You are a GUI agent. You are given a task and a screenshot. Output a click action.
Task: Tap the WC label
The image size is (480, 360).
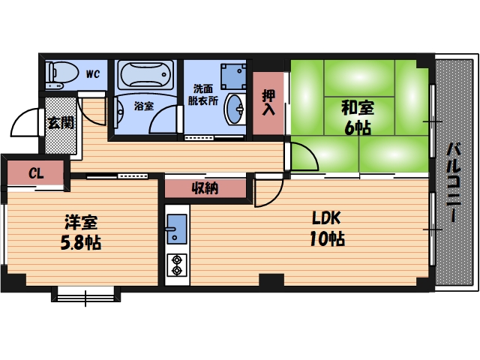point(92,74)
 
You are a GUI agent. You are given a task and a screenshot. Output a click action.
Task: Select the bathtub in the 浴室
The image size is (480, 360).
point(145,74)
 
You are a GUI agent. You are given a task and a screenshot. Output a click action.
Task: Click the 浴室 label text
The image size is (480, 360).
point(144,106)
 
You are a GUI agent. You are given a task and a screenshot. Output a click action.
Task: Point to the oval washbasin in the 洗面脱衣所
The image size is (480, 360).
point(235,109)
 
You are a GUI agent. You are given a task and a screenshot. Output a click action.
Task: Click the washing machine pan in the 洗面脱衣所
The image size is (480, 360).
point(233,76)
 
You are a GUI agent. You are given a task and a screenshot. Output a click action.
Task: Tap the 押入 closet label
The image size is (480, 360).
point(268,103)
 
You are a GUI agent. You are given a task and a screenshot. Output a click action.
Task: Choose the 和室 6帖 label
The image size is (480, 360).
point(358,118)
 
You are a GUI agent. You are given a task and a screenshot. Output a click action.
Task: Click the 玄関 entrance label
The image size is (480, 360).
point(61,122)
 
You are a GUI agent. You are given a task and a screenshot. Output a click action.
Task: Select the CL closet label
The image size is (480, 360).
point(36,173)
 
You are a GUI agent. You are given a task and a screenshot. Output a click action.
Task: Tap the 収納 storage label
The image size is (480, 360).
point(205,188)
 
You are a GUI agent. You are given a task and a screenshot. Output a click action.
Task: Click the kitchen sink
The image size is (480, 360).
point(177,229)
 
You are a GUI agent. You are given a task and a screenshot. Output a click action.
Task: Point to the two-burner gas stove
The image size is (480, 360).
point(177,265)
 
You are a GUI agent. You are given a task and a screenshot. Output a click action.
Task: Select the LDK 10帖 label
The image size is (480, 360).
point(327,229)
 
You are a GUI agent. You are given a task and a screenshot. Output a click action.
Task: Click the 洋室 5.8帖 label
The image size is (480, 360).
point(81,232)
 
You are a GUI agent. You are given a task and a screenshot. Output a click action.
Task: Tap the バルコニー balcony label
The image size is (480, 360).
point(454,183)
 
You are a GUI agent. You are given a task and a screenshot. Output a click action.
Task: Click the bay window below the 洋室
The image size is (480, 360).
point(85,295)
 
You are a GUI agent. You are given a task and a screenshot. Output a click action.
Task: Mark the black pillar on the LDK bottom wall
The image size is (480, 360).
point(271,280)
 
